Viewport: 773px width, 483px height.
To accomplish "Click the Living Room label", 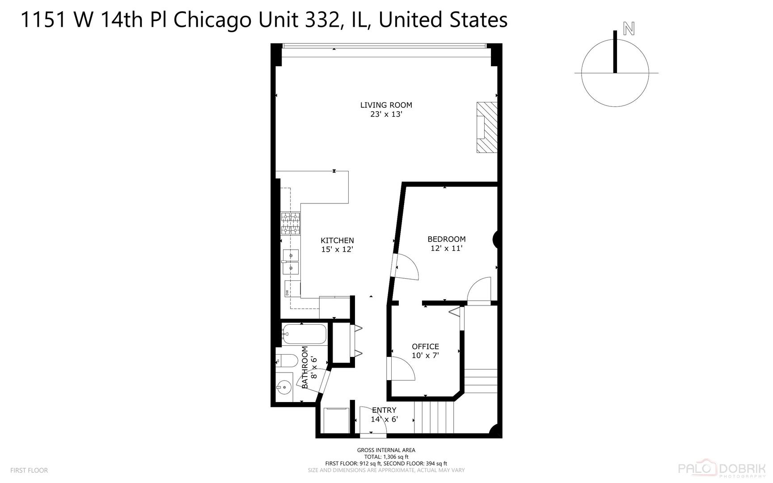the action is pyautogui.click(x=386, y=105).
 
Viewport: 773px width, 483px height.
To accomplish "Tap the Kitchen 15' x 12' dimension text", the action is pyautogui.click(x=337, y=250).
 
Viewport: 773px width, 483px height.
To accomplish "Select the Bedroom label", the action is pyautogui.click(x=446, y=239).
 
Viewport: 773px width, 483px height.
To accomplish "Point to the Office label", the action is pyautogui.click(x=425, y=347).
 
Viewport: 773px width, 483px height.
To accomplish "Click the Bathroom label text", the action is pyautogui.click(x=305, y=368).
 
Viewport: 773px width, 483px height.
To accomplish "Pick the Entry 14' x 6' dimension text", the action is pyautogui.click(x=384, y=419).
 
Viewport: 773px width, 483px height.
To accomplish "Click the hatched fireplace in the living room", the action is pyautogui.click(x=486, y=128).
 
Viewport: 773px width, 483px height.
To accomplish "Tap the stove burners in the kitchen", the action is pyautogui.click(x=291, y=224).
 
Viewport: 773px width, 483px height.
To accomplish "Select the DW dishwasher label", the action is pyautogui.click(x=287, y=293).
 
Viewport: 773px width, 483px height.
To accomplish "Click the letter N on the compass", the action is pyautogui.click(x=629, y=29).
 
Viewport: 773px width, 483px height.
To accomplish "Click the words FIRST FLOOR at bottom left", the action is pyautogui.click(x=29, y=470).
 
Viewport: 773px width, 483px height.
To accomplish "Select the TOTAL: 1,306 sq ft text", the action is pyautogui.click(x=386, y=457).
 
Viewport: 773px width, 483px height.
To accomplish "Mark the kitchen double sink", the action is pyautogui.click(x=291, y=261).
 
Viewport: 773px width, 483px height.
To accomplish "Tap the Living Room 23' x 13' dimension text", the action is pyautogui.click(x=386, y=114).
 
